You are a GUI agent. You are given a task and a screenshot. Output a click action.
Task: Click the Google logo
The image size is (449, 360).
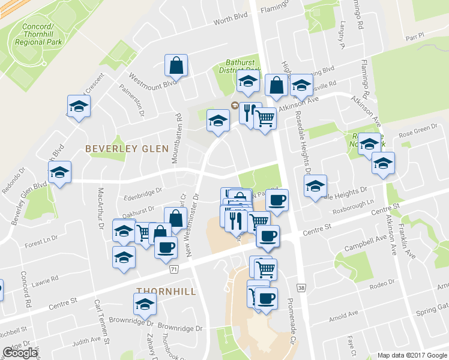(x=20, y=353)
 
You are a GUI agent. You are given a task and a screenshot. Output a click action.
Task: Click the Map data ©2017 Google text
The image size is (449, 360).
(x=412, y=355)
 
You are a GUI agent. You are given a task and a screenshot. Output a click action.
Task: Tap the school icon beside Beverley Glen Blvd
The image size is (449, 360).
(x=59, y=173)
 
